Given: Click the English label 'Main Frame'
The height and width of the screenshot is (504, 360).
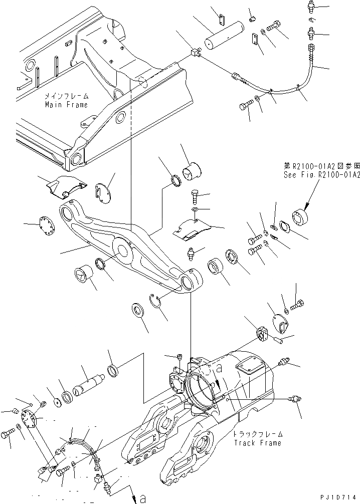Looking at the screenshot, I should tap(66, 105).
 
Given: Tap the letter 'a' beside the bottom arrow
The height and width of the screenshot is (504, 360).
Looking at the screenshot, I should tap(142, 498).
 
